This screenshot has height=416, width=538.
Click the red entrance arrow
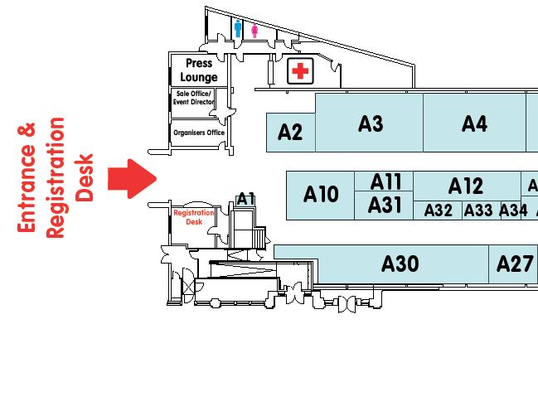(131, 178)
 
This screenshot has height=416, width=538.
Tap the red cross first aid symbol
(300, 72)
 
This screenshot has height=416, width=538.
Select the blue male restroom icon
(238, 30)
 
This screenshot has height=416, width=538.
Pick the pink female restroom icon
(254, 31)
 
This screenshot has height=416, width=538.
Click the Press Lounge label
(199, 70)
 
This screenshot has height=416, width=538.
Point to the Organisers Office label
(199, 133)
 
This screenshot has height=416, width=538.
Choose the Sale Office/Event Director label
(193, 98)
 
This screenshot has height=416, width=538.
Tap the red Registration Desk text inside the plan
(194, 217)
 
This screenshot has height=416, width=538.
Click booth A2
(290, 133)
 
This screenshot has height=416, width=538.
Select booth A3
(370, 123)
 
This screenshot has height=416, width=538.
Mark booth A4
(474, 123)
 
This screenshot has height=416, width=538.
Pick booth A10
(321, 195)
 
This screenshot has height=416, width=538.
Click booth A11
(385, 181)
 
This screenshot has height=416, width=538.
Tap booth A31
(385, 205)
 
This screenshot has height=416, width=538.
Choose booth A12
(465, 186)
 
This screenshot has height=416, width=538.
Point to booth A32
(438, 210)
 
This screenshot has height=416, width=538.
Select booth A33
(478, 210)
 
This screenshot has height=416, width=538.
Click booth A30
(400, 264)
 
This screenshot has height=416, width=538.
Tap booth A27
(514, 264)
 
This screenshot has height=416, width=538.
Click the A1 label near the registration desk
(245, 199)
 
